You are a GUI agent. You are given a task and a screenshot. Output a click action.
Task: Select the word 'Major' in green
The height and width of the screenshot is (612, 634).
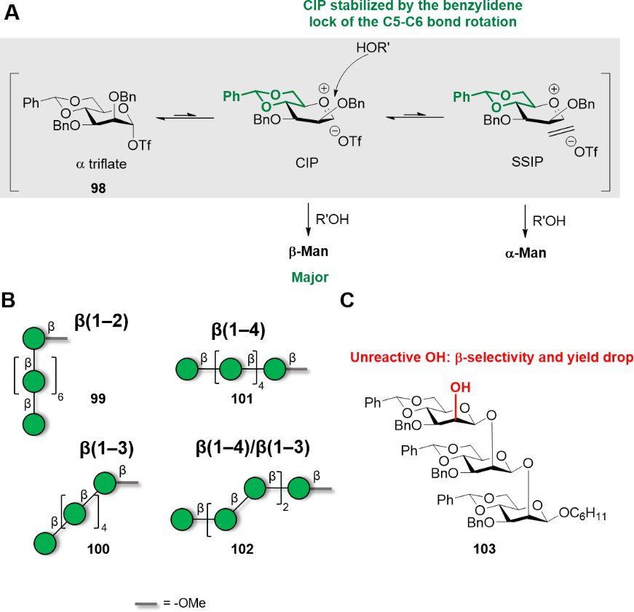point(309,277)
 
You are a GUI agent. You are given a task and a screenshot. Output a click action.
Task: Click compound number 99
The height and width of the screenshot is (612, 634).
point(100,399)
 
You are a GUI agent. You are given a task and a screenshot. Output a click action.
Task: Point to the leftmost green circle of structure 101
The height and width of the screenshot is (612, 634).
point(181,370)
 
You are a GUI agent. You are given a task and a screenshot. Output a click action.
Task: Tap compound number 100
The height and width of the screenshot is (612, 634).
point(98,549)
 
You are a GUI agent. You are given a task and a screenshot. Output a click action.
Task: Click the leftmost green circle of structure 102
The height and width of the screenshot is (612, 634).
point(182,520)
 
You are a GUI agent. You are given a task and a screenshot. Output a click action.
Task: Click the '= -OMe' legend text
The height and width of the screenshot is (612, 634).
point(185,604)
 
